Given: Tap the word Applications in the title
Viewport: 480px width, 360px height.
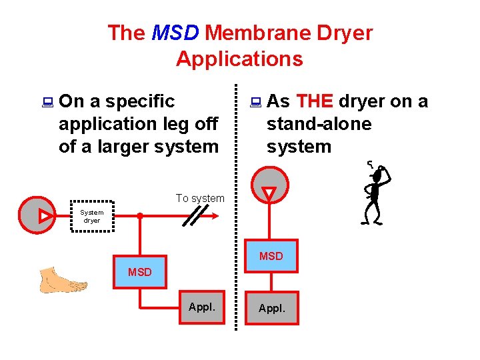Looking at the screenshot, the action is (x=239, y=59).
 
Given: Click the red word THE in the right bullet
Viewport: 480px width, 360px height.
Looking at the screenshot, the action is (x=315, y=101).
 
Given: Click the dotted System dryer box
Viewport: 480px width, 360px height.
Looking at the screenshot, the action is (x=92, y=216).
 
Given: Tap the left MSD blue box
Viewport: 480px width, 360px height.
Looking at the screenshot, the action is (x=140, y=271).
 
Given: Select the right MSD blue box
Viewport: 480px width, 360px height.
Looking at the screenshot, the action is (x=271, y=255).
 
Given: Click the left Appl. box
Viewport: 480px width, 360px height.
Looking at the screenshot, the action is (x=202, y=308).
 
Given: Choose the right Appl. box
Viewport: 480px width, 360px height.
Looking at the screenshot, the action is (x=271, y=308).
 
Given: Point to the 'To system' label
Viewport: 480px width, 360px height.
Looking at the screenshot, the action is (x=200, y=198).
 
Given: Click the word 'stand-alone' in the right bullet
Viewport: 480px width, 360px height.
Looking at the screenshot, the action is (x=319, y=124).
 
